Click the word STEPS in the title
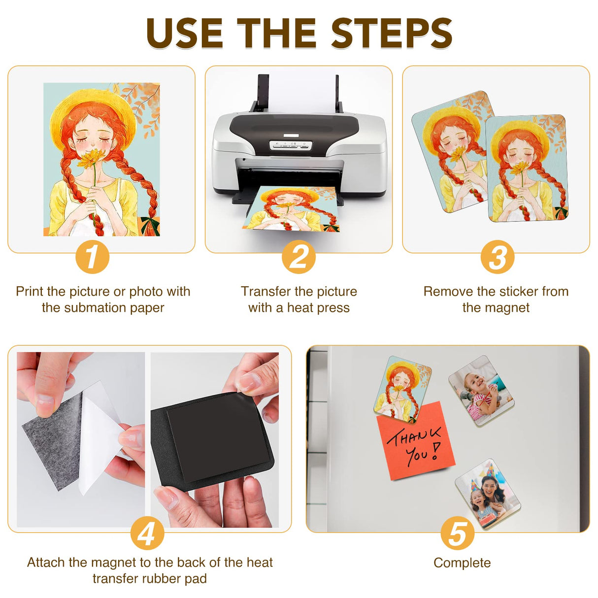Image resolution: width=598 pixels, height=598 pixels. point(391,33)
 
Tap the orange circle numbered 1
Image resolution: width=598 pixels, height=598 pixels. point(92,257)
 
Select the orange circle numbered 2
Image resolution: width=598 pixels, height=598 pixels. point(299,257)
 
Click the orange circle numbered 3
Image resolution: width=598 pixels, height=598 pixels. point(497,257)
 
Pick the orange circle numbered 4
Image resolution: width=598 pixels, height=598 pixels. point(147,533)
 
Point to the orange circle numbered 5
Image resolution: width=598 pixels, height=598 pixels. point(457,533)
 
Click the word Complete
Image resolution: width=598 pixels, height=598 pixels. point(462,563)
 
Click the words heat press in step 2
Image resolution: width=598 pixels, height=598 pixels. point(318,308)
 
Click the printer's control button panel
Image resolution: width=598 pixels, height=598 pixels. point(291,145)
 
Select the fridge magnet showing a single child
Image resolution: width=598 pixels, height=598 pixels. point(481,390)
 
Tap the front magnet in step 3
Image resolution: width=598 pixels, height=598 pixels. point(527,168)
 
